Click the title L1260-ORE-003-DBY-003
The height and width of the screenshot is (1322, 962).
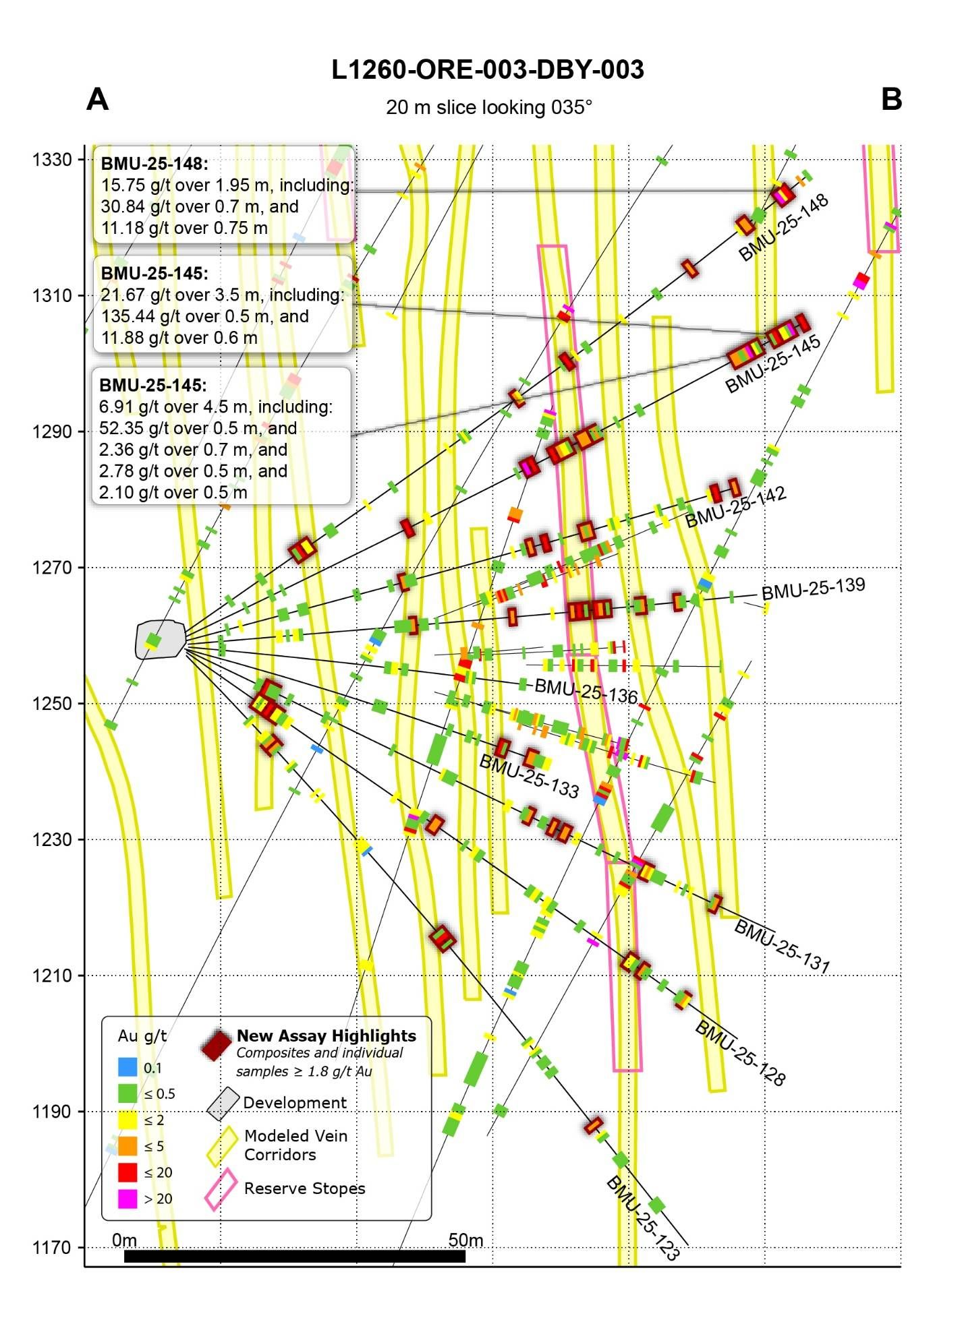[x=487, y=70]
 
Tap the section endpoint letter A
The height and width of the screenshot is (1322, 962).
[x=98, y=100]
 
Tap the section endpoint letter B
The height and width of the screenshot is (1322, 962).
[x=891, y=100]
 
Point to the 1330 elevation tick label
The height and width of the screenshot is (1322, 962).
[x=52, y=160]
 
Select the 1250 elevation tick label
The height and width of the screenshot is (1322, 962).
[x=52, y=704]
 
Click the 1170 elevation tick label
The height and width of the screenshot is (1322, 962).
[x=52, y=1248]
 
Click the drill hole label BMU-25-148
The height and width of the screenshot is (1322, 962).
[x=783, y=228]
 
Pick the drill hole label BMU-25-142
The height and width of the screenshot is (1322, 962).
[x=735, y=507]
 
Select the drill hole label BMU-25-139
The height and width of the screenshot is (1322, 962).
[x=813, y=588]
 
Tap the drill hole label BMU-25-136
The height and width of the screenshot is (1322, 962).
[x=586, y=691]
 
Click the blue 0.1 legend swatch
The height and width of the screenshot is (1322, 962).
[x=128, y=1067]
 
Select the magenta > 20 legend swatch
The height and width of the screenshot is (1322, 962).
[x=128, y=1199]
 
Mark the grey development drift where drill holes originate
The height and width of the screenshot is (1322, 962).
[x=160, y=639]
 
